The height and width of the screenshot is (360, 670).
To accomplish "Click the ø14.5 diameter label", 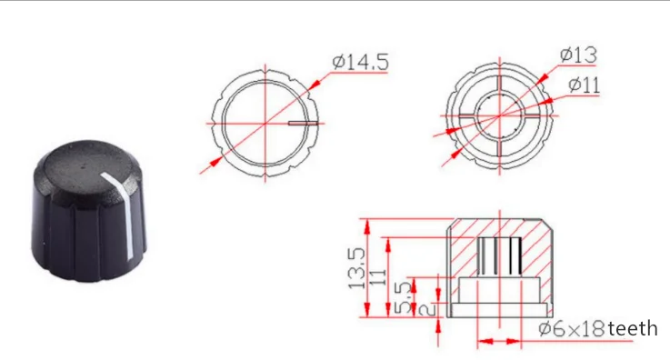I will point(361,63).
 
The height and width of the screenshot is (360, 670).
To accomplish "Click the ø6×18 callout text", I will point(571,328).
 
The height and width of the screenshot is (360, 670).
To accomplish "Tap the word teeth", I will point(633,328).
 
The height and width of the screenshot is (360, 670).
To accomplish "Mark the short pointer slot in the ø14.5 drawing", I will point(302,121).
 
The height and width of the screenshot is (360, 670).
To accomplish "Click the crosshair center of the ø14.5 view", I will point(265,122).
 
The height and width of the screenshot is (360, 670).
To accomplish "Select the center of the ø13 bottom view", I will point(498,115).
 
